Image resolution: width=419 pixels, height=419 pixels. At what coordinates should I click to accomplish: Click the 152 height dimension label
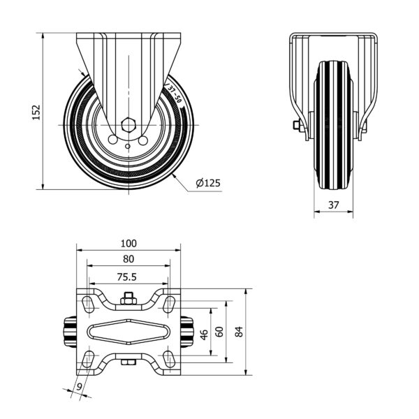click(36, 112)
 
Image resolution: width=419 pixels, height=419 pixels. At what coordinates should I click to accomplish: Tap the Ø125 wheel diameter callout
click(208, 183)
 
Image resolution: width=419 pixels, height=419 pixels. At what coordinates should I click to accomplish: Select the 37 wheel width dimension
click(334, 205)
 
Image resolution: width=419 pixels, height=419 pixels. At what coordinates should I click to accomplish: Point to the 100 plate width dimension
click(128, 244)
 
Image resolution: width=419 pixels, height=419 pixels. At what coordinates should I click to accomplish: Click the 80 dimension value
click(128, 259)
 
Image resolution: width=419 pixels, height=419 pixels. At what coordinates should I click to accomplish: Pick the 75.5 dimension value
click(127, 277)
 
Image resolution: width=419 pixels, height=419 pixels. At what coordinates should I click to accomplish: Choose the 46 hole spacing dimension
click(204, 335)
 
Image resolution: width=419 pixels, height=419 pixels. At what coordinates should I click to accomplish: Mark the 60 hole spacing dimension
click(219, 332)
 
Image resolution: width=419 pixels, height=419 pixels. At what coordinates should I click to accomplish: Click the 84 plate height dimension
click(239, 332)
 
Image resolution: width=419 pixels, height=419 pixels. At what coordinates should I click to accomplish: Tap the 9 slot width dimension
click(79, 387)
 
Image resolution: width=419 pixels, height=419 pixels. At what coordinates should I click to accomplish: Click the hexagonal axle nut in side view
click(128, 125)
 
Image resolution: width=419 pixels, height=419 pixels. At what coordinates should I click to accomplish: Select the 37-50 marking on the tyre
click(174, 94)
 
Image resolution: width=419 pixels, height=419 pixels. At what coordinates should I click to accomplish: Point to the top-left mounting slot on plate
click(88, 304)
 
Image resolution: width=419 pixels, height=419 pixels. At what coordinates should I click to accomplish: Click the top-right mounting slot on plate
click(169, 304)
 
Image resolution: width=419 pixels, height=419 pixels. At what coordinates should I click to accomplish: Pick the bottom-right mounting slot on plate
click(169, 359)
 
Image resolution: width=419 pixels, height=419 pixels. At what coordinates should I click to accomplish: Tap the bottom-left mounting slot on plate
click(88, 359)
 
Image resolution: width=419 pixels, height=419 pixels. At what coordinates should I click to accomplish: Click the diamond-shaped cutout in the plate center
click(128, 332)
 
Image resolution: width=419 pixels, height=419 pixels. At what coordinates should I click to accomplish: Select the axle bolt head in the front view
click(297, 125)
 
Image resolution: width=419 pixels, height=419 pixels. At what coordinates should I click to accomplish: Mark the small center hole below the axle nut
click(128, 146)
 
